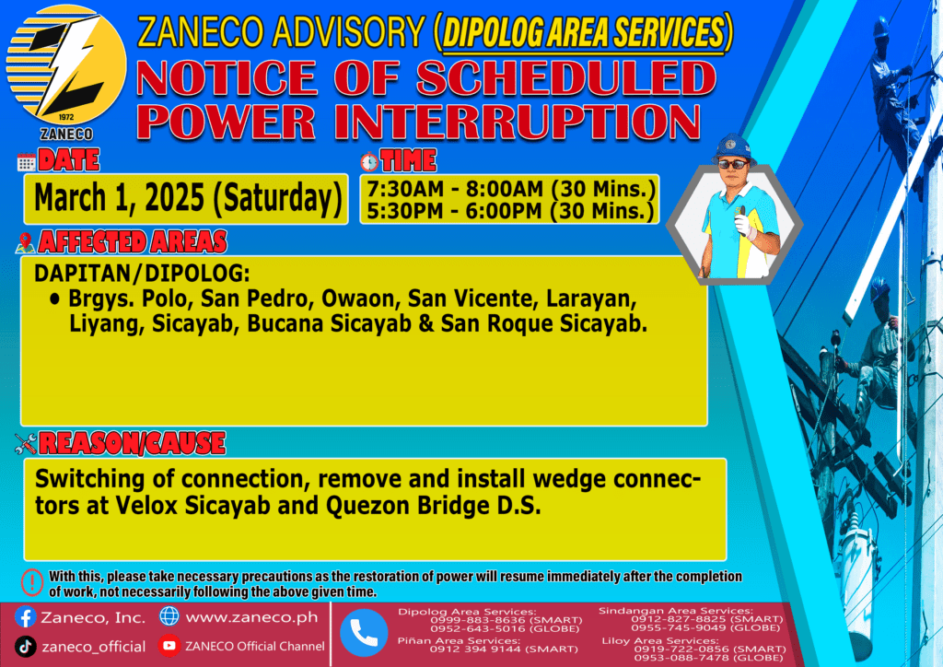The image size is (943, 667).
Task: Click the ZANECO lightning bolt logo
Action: click(66, 65)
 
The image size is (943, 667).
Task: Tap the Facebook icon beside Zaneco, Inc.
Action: click(25, 617)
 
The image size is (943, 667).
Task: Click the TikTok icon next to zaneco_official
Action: click(25, 647)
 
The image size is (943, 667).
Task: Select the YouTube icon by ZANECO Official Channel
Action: click(169, 646)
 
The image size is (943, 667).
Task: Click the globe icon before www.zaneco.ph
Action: click(169, 616)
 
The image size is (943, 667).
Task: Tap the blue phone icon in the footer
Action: click(364, 632)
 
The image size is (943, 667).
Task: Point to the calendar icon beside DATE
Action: click(26, 162)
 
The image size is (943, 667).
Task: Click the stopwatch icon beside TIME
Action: click(369, 161)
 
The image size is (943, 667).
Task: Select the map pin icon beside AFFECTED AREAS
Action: click(25, 242)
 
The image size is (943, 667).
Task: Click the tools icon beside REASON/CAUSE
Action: click(26, 444)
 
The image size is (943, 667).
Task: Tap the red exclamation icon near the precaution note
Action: click(32, 582)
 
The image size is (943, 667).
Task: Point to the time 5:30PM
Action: click(405, 211)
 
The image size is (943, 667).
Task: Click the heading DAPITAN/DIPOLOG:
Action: click(142, 273)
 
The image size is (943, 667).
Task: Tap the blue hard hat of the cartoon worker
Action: click(734, 147)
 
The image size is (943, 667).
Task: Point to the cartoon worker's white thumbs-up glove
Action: click(743, 223)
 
